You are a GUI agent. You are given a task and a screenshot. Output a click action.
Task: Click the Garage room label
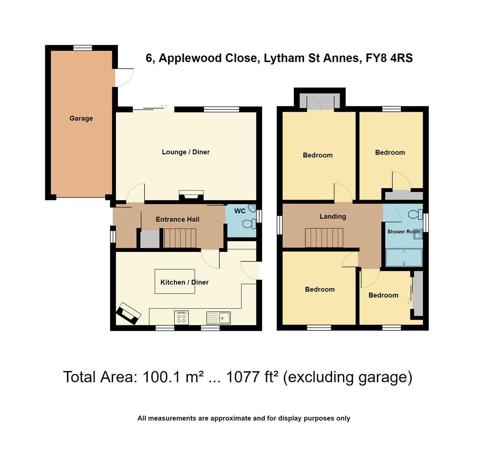click(81, 118)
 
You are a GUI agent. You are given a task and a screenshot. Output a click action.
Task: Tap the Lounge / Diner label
click(186, 152)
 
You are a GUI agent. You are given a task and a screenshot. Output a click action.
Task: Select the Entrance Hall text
click(177, 219)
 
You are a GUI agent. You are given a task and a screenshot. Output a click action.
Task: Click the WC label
click(240, 211)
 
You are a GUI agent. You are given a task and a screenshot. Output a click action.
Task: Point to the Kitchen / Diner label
click(184, 282)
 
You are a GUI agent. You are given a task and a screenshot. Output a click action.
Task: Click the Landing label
click(333, 216)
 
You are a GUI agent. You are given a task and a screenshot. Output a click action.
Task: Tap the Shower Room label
click(403, 231)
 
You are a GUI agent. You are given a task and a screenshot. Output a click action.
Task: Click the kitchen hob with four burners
click(181, 317)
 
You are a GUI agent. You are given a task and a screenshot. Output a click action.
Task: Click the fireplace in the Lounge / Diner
click(191, 195)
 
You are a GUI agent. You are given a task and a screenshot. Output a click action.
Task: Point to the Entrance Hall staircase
click(180, 238)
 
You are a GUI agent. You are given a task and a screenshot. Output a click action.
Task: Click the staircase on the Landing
click(324, 238)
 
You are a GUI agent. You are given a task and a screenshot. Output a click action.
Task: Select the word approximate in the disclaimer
click(230, 418)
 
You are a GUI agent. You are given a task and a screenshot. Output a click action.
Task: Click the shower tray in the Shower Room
click(404, 257)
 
